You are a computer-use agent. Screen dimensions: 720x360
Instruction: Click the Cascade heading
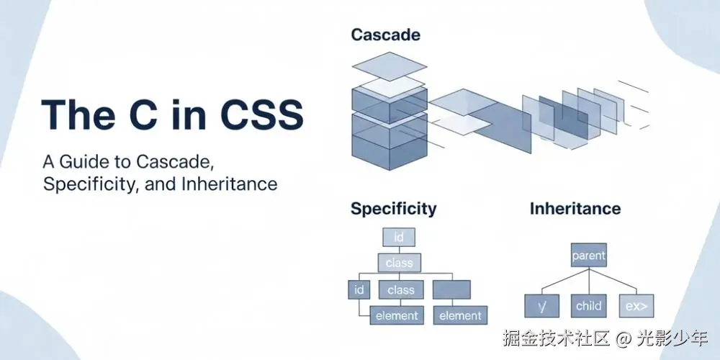pos(385,35)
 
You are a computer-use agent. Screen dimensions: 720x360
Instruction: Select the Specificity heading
pos(394,209)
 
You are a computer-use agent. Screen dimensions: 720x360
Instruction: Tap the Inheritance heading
pos(575,209)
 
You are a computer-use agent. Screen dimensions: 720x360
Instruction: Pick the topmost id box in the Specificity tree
pos(399,237)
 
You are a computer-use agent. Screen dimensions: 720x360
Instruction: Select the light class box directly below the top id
pos(399,263)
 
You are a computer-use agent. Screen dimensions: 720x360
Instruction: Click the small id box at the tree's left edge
pos(359,289)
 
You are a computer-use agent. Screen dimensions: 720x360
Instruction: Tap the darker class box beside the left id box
pos(401,289)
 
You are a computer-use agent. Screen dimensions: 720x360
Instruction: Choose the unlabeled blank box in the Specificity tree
pos(451,289)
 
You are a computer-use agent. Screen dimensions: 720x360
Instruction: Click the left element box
pos(397,315)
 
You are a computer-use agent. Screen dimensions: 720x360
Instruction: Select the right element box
pos(460,315)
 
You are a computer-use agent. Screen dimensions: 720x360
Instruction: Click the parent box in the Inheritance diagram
pos(589,255)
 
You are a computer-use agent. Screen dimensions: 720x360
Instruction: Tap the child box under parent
pos(589,306)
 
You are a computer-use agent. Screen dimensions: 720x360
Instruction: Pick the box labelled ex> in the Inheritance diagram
pos(636,306)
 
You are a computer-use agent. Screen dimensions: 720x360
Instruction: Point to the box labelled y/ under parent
pos(542,306)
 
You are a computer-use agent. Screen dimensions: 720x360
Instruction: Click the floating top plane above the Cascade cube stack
pos(390,66)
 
